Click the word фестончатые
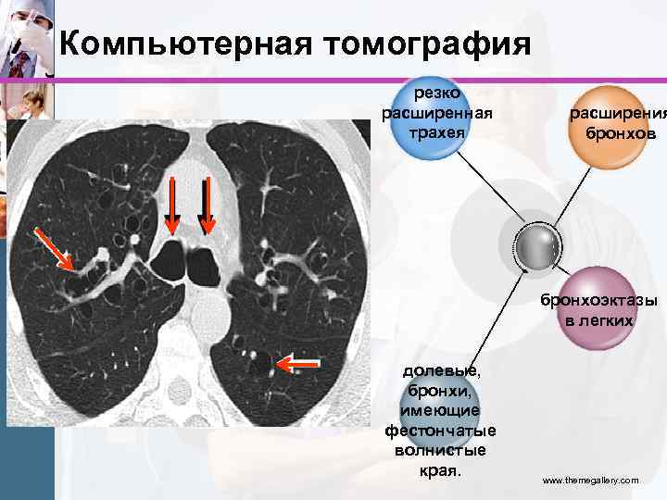point(440,431)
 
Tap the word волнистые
point(440,451)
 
